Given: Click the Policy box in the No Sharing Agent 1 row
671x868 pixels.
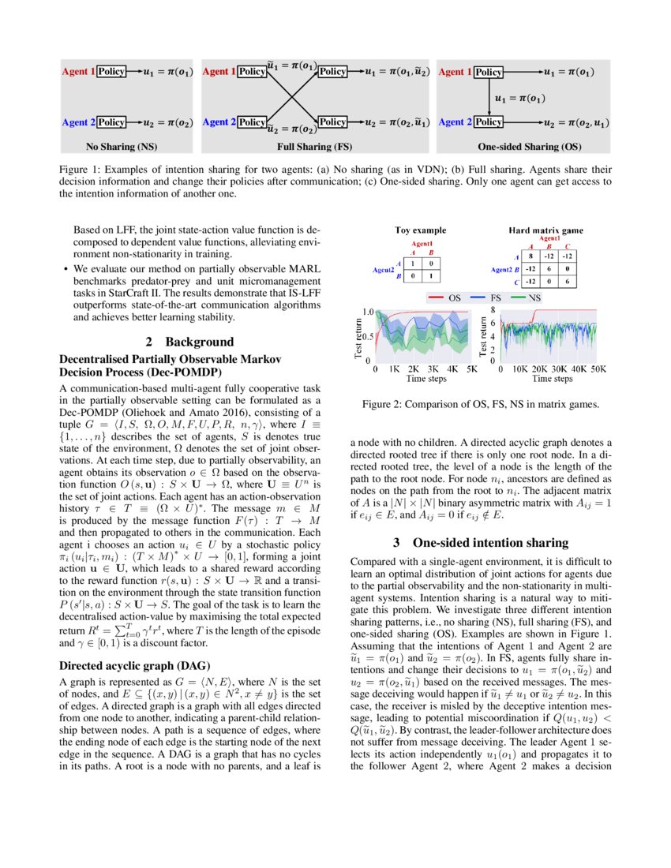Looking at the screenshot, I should [112, 72].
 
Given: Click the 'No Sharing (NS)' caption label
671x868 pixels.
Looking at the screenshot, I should [122, 146].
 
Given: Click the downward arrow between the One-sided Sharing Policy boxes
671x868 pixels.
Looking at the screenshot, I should [489, 97].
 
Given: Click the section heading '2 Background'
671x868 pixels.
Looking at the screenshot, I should [189, 342].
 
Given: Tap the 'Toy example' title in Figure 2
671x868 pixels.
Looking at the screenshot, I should [421, 230].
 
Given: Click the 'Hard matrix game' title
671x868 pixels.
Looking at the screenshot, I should [545, 230].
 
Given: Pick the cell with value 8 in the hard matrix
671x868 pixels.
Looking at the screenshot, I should [531, 256].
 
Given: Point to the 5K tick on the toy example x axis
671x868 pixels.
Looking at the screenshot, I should [472, 368].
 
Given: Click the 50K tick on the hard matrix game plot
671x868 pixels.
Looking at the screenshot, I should [598, 368].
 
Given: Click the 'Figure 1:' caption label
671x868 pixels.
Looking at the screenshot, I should [82, 169].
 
